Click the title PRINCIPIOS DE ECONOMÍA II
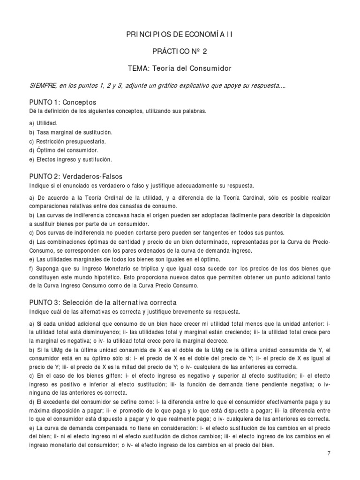[x=180, y=35]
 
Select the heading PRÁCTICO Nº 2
[x=180, y=52]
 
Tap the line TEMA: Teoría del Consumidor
[x=180, y=68]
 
